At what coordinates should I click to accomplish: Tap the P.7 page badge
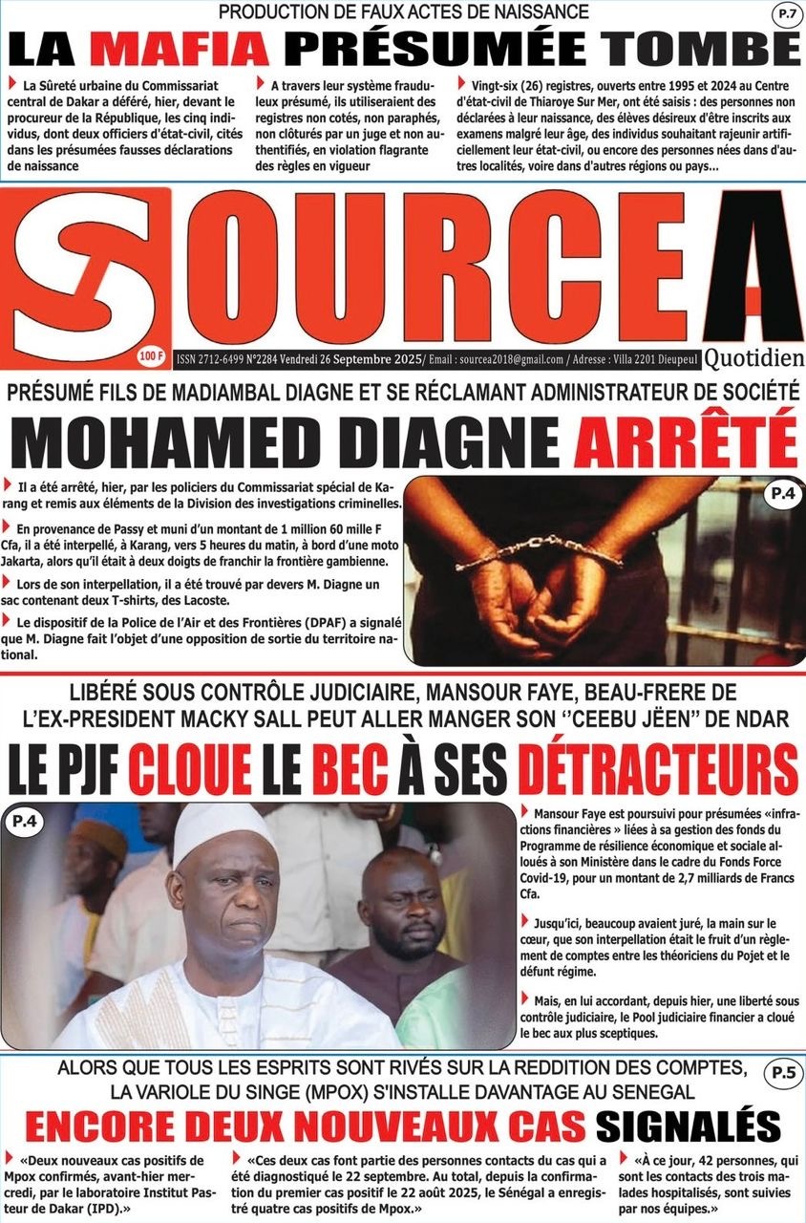pyautogui.click(x=785, y=14)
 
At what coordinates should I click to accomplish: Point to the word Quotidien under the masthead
pyautogui.click(x=753, y=356)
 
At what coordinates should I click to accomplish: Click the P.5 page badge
pyautogui.click(x=782, y=1073)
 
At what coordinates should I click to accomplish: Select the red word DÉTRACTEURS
pyautogui.click(x=658, y=768)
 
